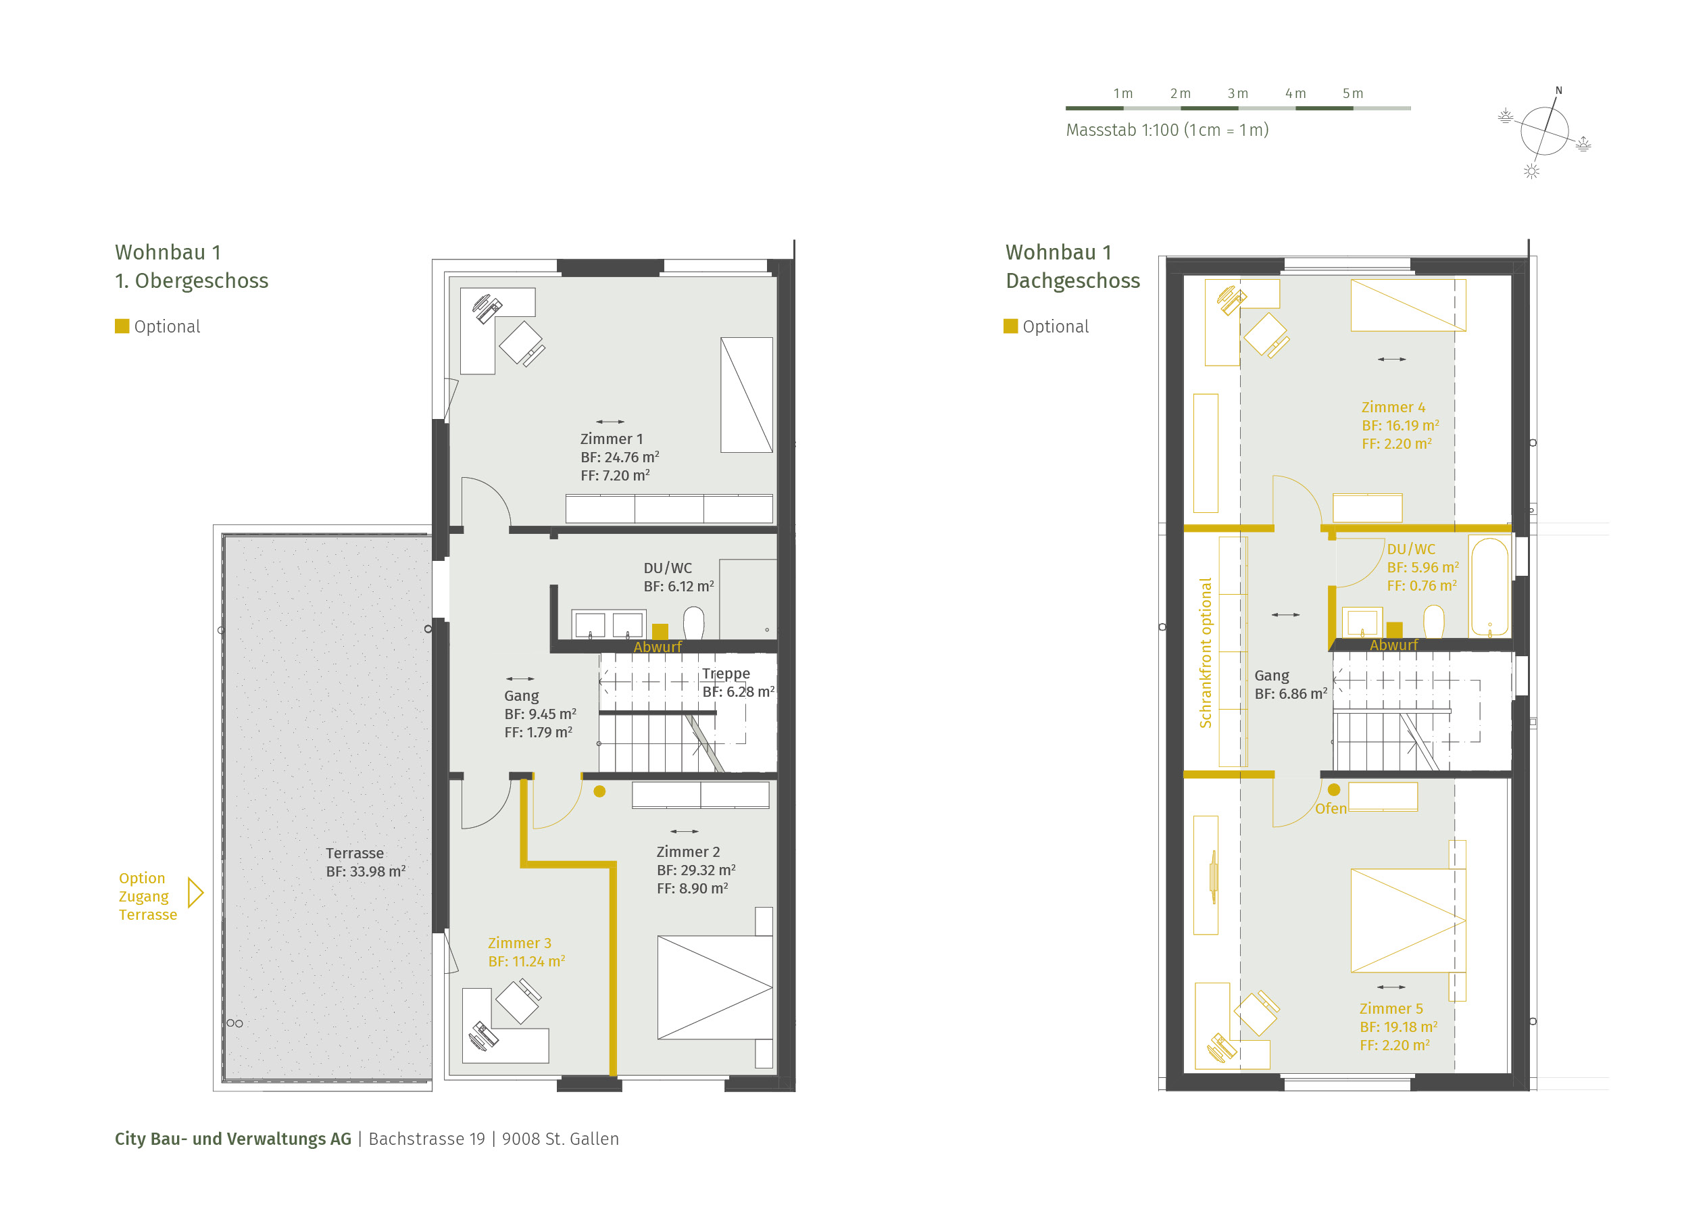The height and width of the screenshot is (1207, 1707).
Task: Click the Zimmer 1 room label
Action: point(611,439)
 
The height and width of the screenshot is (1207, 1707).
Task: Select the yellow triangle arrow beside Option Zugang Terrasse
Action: point(195,893)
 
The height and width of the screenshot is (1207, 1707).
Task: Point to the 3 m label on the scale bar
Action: point(1238,94)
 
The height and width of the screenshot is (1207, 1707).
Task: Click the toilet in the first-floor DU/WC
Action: point(693,623)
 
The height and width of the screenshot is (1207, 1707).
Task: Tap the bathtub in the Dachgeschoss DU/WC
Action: point(1489,587)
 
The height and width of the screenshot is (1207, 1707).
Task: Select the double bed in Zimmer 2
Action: point(715,987)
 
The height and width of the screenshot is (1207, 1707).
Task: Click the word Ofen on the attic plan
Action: point(1331,808)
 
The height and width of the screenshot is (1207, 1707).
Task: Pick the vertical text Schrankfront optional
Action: point(1205,653)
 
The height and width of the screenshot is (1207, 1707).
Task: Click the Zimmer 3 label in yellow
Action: point(520,943)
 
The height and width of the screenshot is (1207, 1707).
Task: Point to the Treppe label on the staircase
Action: point(726,674)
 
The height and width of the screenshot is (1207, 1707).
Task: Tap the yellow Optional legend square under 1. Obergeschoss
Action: point(122,326)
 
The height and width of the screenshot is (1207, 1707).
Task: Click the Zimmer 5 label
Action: point(1391,1008)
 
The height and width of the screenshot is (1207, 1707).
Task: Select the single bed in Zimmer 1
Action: point(747,395)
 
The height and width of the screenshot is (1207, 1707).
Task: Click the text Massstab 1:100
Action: point(1122,130)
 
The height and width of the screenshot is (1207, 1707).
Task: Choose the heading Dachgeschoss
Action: point(1073,280)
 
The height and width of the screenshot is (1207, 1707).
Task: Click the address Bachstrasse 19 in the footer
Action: point(427,1139)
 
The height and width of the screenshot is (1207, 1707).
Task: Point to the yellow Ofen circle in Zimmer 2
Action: point(599,791)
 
